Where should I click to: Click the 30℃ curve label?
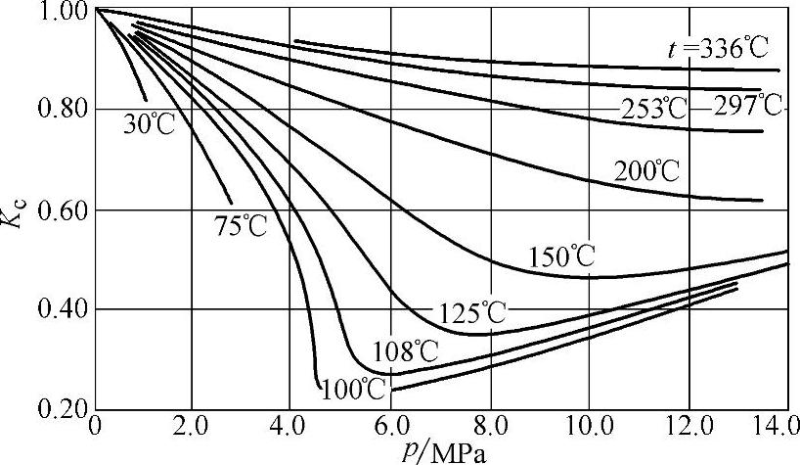[148, 124]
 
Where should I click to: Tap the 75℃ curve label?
[241, 224]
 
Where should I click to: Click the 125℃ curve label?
[469, 313]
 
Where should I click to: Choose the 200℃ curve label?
[646, 170]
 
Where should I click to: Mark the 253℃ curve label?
[654, 109]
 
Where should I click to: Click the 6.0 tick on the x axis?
[392, 430]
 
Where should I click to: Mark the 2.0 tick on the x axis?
[193, 430]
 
